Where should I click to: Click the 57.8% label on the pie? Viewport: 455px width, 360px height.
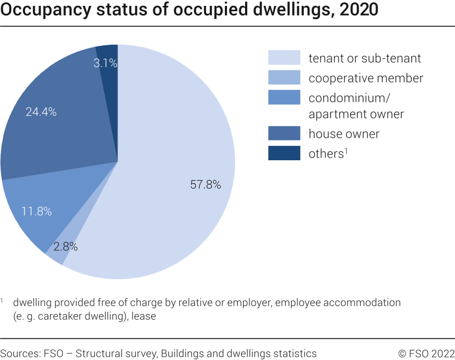[x=205, y=185]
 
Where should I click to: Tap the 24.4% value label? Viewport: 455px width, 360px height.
[x=41, y=112]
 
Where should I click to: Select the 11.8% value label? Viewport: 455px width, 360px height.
[x=36, y=211]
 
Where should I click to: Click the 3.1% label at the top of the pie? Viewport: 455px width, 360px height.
[x=105, y=63]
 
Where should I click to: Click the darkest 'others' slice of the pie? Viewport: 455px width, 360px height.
[x=109, y=80]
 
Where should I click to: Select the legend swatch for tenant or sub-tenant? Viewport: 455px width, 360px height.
[x=284, y=58]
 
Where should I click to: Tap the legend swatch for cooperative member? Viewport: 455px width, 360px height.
[x=284, y=78]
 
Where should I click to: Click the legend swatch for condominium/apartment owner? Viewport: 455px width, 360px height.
[x=284, y=98]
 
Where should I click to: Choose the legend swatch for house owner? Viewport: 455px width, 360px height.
[x=284, y=134]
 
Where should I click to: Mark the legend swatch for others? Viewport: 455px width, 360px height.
[x=284, y=153]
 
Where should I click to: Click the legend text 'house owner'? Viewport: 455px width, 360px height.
[x=344, y=134]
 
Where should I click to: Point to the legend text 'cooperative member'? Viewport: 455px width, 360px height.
[x=366, y=78]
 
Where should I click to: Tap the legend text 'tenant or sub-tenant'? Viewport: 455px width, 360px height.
[x=365, y=58]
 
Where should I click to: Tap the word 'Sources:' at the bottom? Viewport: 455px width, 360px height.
[x=19, y=354]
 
